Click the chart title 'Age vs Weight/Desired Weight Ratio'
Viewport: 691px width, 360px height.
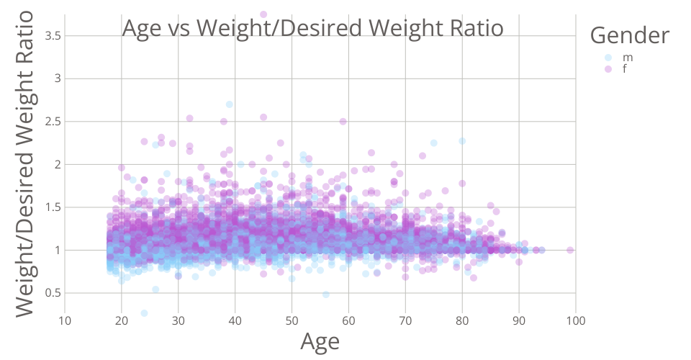click(312, 28)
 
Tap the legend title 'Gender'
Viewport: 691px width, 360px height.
click(630, 34)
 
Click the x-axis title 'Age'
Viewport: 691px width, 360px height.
click(320, 342)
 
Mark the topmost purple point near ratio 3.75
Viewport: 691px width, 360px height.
click(263, 14)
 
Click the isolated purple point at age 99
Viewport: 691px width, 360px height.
click(570, 250)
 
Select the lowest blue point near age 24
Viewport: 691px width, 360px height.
click(144, 313)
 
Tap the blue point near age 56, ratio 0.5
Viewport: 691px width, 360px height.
click(326, 294)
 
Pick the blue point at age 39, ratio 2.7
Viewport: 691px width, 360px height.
click(230, 104)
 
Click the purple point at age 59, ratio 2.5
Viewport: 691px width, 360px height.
click(343, 121)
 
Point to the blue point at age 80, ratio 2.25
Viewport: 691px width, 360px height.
click(462, 141)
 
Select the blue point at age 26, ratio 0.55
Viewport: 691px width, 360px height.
click(155, 289)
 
